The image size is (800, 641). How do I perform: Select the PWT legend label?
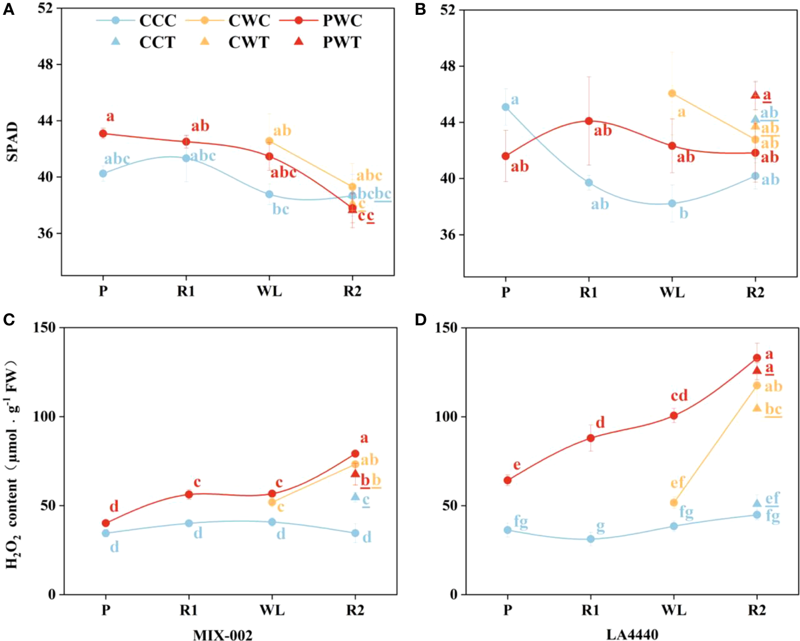[342, 42]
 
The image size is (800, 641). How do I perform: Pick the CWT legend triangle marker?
[205, 42]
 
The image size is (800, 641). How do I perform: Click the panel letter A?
[9, 9]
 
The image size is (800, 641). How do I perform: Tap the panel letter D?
[421, 320]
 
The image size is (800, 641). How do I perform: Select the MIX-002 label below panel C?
[222, 635]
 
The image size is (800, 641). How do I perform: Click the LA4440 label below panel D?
[632, 634]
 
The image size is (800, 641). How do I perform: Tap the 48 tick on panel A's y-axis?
[46, 64]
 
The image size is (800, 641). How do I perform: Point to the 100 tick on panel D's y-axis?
[446, 417]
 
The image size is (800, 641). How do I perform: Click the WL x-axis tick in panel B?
[672, 293]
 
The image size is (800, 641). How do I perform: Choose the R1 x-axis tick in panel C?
[189, 610]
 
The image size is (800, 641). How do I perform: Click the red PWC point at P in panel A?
[103, 134]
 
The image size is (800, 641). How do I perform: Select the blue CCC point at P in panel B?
[505, 107]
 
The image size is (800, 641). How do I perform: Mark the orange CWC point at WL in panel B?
[672, 93]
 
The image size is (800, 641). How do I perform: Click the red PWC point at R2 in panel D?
[757, 358]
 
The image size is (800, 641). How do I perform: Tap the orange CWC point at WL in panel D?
[673, 503]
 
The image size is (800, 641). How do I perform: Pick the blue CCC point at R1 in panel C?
[189, 523]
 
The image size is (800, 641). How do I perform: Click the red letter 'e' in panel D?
[517, 466]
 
